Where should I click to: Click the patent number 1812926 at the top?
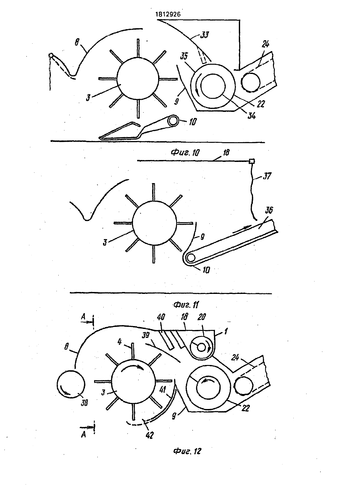coord(168,14)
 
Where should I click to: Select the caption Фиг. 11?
coord(186,305)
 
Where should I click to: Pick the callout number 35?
coord(184,56)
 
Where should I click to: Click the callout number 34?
coord(252,116)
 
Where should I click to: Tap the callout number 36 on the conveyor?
coord(269,210)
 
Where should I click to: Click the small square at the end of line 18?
coord(252,161)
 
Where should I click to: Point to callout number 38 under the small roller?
coord(84,403)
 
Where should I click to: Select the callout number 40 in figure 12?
coord(161,317)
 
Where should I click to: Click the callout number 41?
coord(163,389)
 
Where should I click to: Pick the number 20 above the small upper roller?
coord(202,317)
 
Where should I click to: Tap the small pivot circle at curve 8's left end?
coord(51,55)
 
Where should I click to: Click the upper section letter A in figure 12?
coord(83,317)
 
